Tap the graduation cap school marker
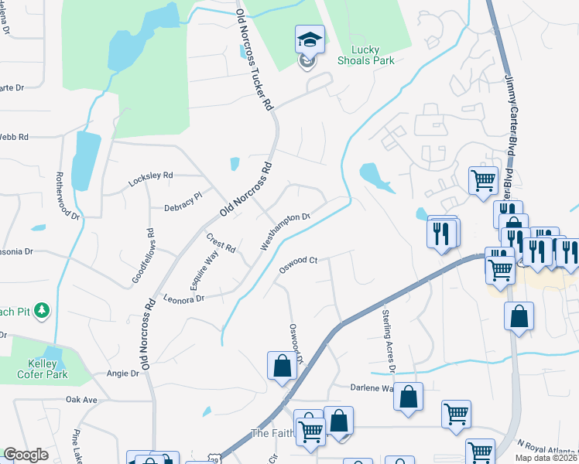[309, 39]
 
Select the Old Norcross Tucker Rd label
[255, 59]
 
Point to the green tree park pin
[43, 311]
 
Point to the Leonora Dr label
[183, 298]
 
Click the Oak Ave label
[81, 400]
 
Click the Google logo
[26, 455]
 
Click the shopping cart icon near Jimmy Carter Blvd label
[484, 181]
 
